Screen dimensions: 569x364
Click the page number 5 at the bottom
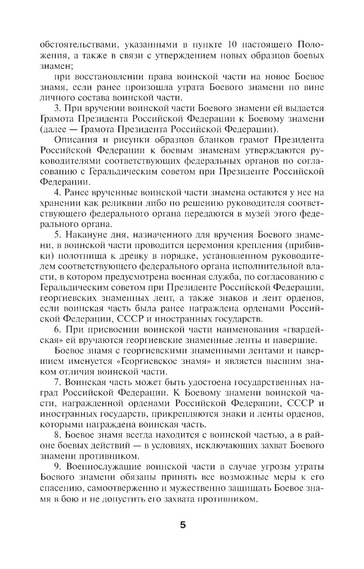182,525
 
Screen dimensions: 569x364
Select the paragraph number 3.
56,109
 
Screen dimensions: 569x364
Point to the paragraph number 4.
56,193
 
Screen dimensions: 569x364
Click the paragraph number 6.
56,330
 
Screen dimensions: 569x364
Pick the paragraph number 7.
56,383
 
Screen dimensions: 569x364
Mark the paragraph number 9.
56,467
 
